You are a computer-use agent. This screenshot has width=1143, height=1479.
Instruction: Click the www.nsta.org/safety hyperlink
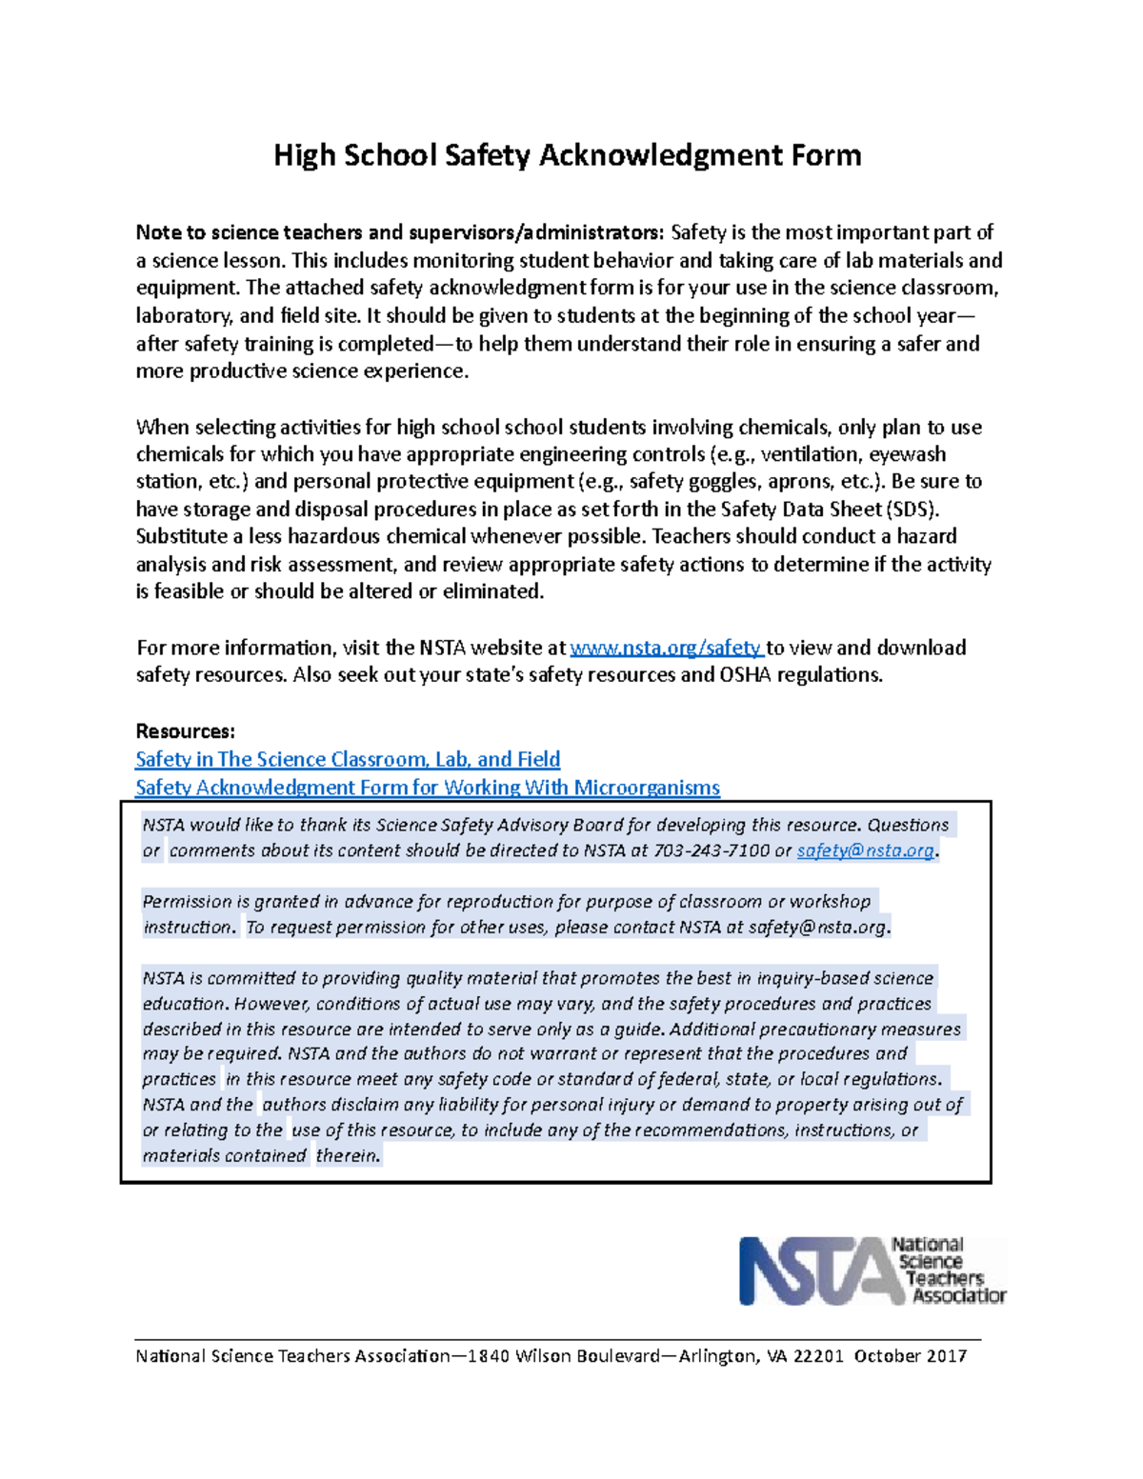click(666, 649)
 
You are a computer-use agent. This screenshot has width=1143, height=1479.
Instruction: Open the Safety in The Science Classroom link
click(348, 760)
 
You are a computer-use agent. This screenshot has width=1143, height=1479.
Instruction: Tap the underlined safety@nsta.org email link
click(865, 850)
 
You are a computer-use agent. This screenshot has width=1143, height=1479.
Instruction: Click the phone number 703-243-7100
click(712, 850)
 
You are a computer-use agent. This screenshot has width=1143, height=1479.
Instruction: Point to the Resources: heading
click(185, 731)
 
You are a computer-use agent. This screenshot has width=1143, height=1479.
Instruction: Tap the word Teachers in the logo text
click(945, 1278)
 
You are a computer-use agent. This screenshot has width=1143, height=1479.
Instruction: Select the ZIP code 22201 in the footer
click(818, 1356)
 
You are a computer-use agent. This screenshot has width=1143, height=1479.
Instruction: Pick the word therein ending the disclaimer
click(348, 1156)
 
